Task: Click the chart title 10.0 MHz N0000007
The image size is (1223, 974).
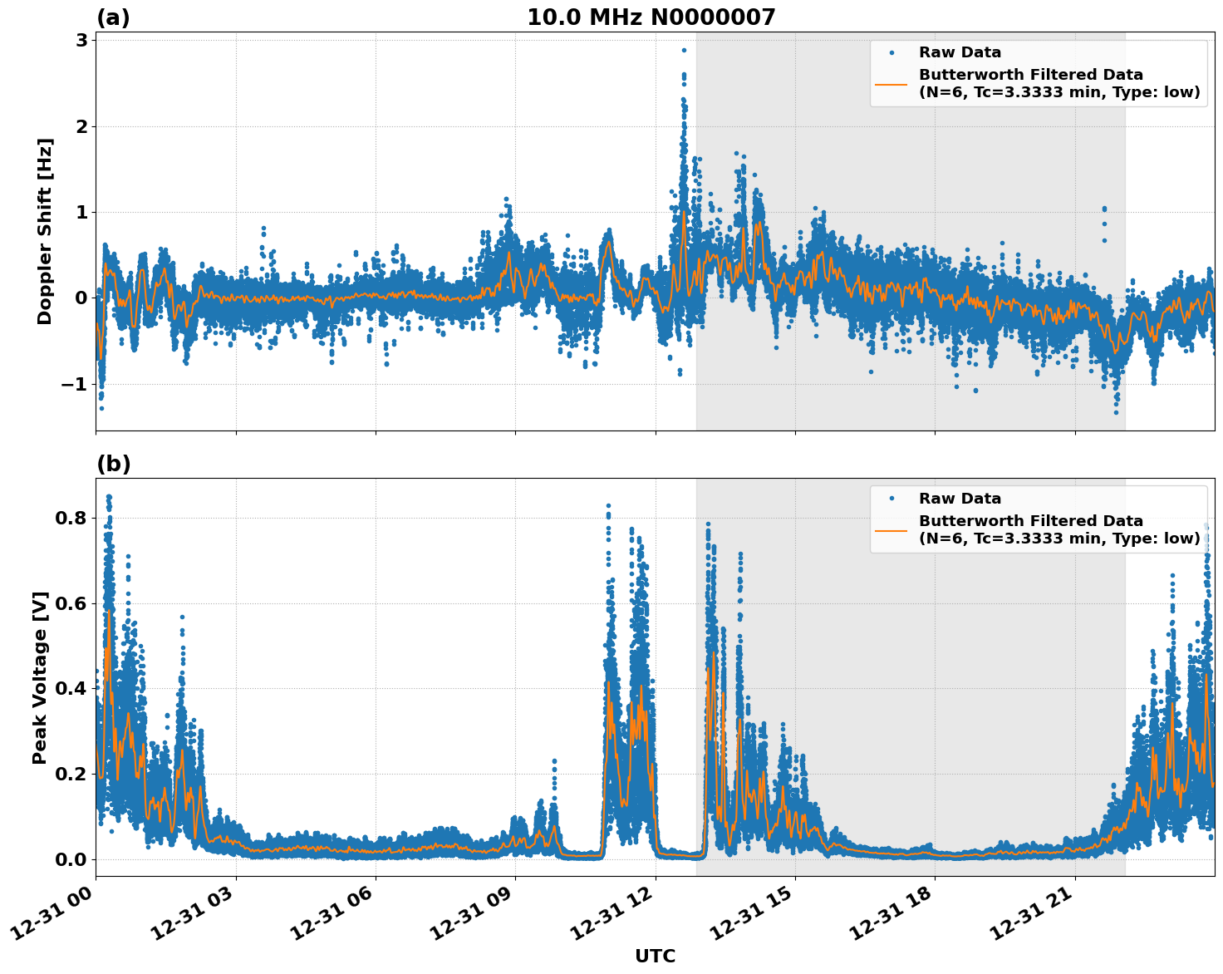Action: pyautogui.click(x=651, y=17)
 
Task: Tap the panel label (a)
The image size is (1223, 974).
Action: pyautogui.click(x=113, y=17)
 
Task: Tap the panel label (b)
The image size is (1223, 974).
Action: pyautogui.click(x=113, y=464)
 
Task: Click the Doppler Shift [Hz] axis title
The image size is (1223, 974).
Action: pyautogui.click(x=45, y=231)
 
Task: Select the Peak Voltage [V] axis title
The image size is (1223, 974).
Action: pyautogui.click(x=40, y=677)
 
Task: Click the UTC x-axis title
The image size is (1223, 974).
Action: pyautogui.click(x=655, y=956)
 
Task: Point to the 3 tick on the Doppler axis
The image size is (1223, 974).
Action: pyautogui.click(x=81, y=40)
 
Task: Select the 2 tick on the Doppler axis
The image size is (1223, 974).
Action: pyautogui.click(x=81, y=126)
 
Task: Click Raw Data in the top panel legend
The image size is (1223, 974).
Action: pyautogui.click(x=960, y=52)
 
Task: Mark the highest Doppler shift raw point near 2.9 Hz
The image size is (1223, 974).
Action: pyautogui.click(x=684, y=51)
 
